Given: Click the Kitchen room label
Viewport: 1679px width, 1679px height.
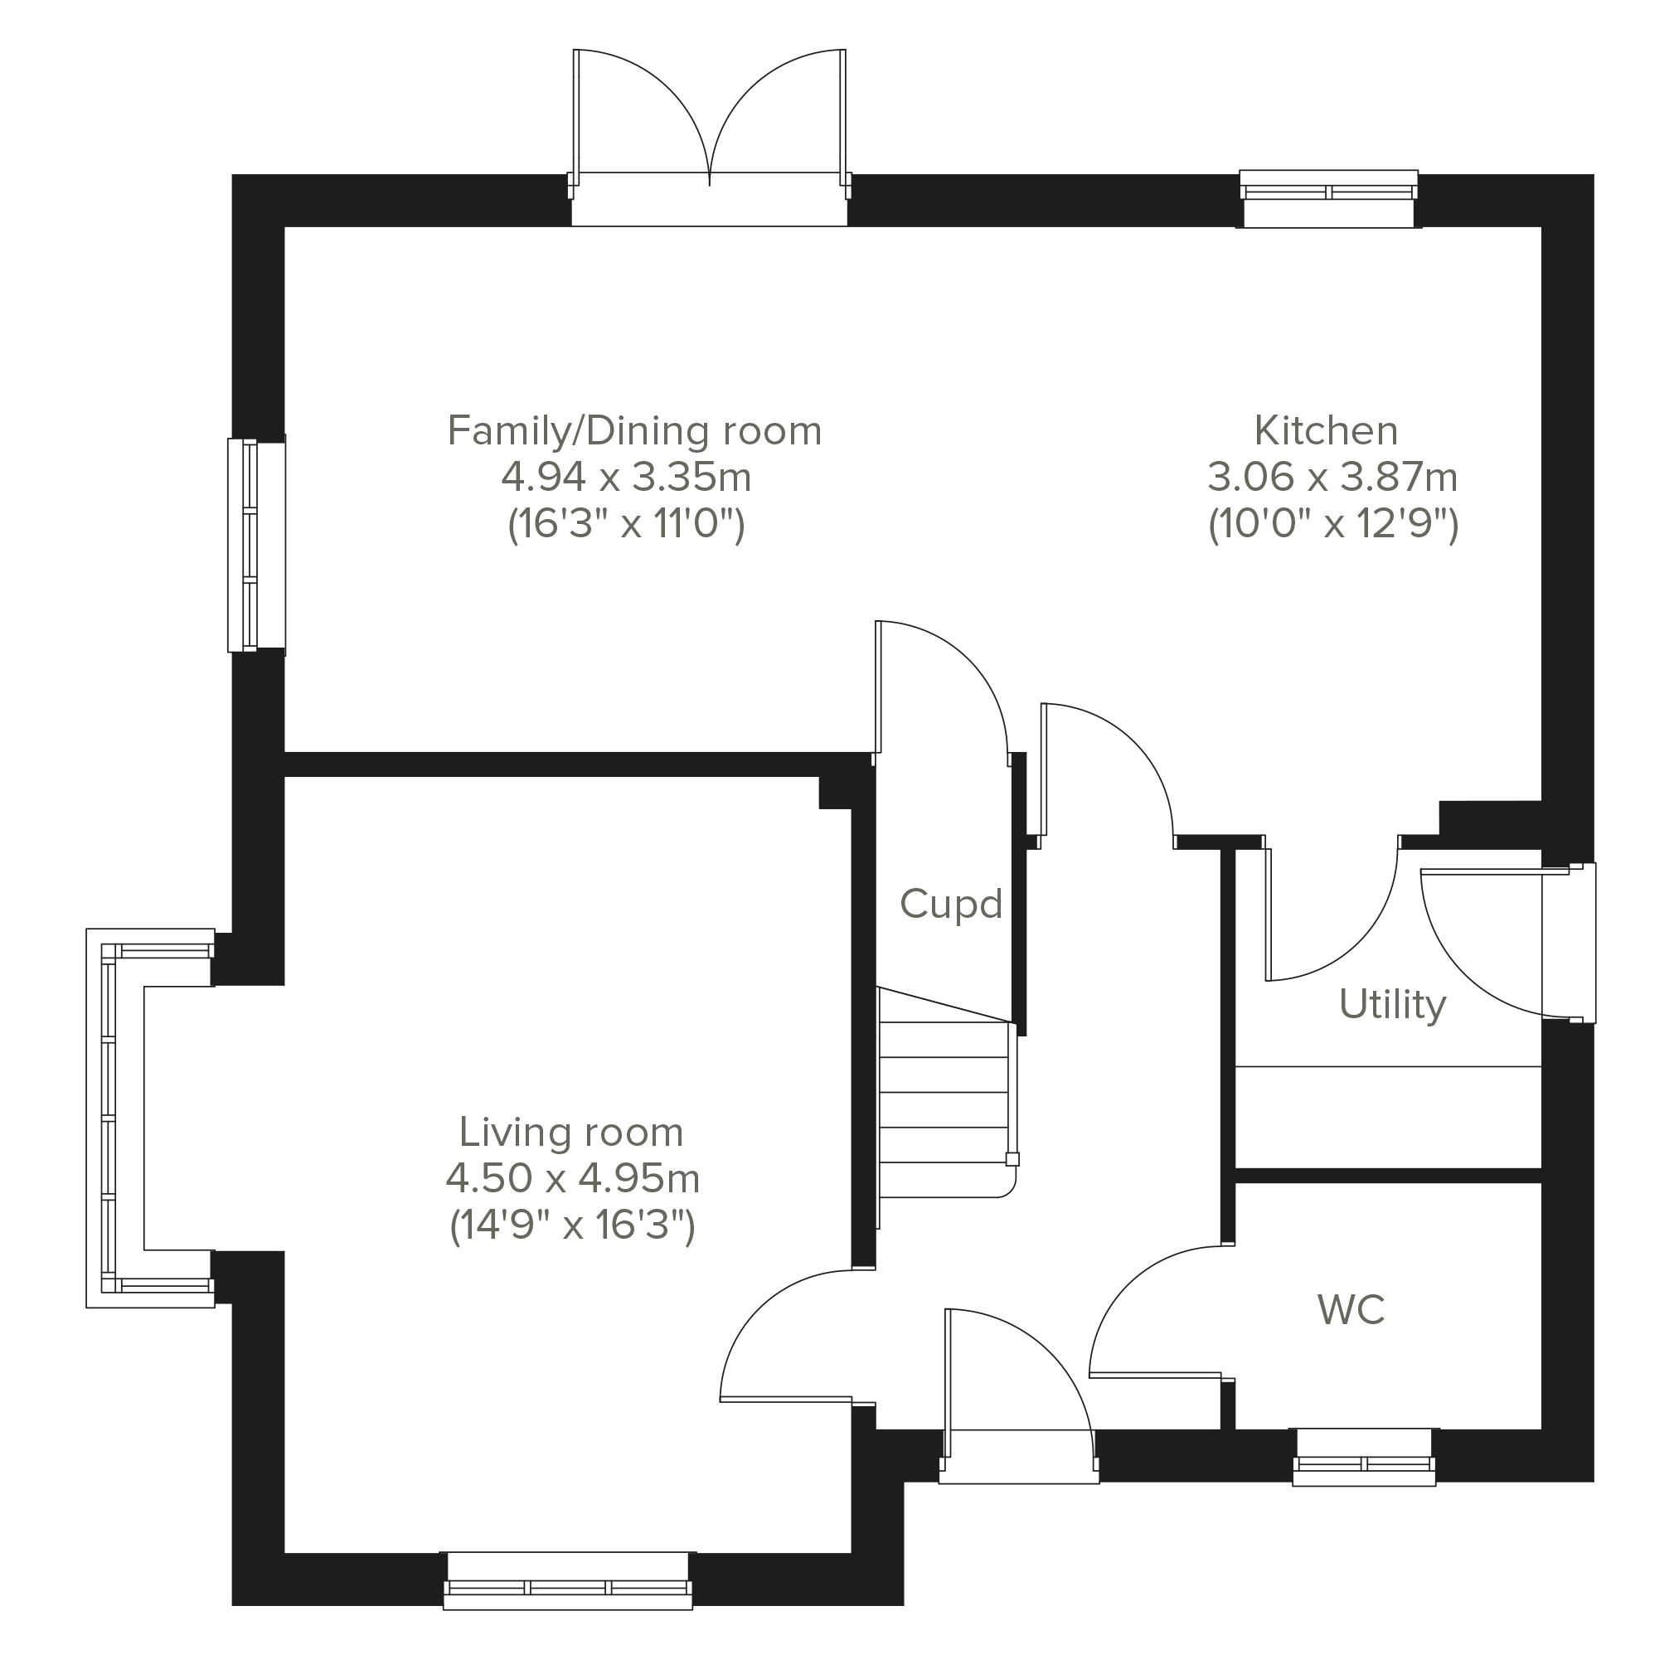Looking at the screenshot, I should click(x=1325, y=431).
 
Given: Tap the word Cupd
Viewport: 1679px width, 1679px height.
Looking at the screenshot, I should click(x=951, y=904).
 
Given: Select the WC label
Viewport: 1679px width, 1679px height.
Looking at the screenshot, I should click(x=1351, y=1310).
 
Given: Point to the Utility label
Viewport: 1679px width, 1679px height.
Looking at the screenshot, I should click(x=1392, y=1005).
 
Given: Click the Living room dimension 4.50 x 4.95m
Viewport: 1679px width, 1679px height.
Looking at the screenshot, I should click(x=572, y=1179).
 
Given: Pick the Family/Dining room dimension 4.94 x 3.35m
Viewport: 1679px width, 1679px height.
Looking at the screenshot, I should click(x=626, y=477).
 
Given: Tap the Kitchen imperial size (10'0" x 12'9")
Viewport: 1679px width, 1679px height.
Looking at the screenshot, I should click(x=1332, y=524).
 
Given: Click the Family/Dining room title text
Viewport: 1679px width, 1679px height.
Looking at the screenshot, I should click(x=634, y=431).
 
